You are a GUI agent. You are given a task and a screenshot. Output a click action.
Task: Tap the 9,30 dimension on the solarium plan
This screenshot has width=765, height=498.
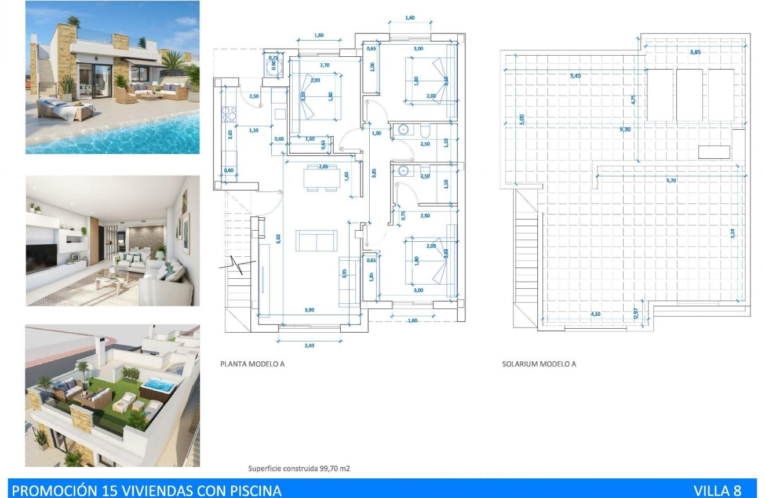pyautogui.click(x=625, y=129)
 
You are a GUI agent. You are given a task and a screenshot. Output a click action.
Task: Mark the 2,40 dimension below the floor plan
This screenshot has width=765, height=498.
pyautogui.click(x=309, y=346)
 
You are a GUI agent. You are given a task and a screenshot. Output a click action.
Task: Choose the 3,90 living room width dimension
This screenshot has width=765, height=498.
pyautogui.click(x=309, y=310)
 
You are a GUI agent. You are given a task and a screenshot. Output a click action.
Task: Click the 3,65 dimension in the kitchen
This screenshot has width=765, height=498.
pyautogui.click(x=230, y=136)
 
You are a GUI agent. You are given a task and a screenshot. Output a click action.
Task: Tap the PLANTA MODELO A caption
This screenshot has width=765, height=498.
pyautogui.click(x=252, y=365)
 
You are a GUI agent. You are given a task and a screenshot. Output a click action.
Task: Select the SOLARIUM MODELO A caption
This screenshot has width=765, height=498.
pyautogui.click(x=539, y=365)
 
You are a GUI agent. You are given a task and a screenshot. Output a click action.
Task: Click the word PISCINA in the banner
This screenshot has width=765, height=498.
pyautogui.click(x=256, y=490)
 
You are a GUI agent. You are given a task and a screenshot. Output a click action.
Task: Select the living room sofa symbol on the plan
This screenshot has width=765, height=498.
pyautogui.click(x=316, y=240)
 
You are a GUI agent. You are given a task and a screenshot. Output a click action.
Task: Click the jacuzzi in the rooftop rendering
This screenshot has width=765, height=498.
pyautogui.click(x=156, y=386)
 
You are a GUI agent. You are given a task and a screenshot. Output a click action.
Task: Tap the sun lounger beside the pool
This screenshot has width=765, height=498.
pyautogui.click(x=64, y=109)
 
